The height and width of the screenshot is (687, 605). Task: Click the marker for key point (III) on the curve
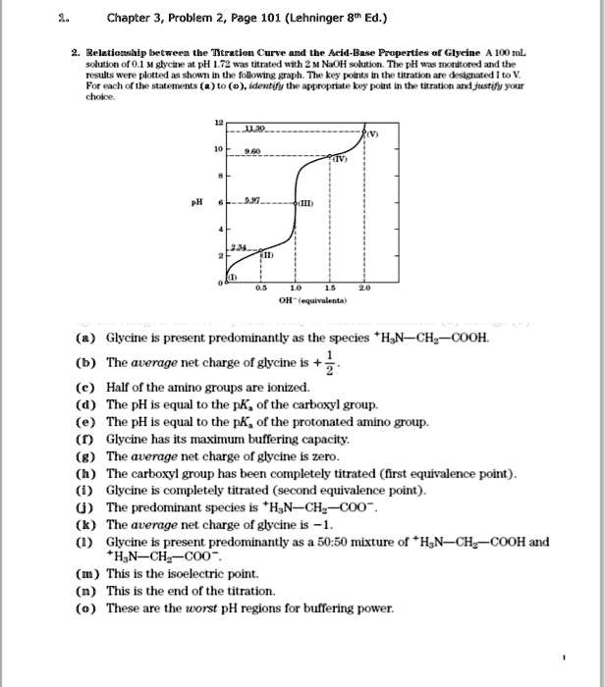(x=295, y=203)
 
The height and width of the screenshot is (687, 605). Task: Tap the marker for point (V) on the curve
(x=364, y=132)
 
